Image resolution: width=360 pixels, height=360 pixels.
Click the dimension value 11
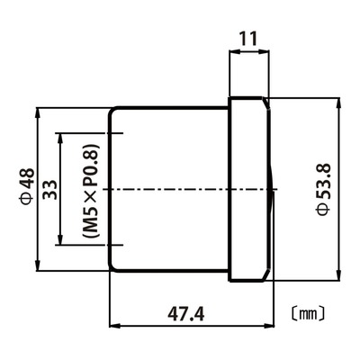click(x=248, y=39)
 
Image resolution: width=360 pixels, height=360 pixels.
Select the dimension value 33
click(x=49, y=190)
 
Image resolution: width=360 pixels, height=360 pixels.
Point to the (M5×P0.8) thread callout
click(x=91, y=191)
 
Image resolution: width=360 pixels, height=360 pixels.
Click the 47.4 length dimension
click(x=186, y=314)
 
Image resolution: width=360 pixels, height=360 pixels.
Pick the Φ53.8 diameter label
click(x=323, y=189)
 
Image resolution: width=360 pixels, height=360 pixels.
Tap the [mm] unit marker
click(x=308, y=314)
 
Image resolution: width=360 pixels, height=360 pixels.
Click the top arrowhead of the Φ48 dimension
click(x=38, y=112)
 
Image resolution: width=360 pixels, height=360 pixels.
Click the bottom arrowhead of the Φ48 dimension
click(x=38, y=265)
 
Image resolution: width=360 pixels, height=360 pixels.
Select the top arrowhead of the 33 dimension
click(x=60, y=139)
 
